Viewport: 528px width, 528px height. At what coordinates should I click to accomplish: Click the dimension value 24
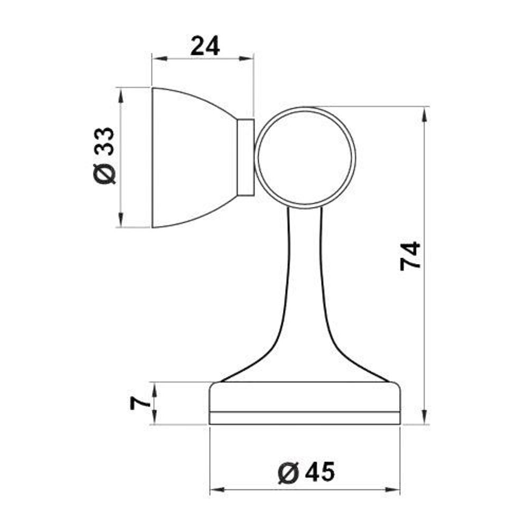coord(205,46)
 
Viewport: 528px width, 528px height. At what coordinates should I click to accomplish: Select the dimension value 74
coord(410,256)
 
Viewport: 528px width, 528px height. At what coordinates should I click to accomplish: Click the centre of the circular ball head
coord(305,157)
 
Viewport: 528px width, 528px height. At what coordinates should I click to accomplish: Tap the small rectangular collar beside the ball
coord(245,157)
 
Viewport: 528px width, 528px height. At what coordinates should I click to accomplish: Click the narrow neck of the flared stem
coord(305,248)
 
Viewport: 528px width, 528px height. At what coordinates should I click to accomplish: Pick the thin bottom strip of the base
coord(305,418)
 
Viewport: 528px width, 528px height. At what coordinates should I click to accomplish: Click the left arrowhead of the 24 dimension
coord(156,58)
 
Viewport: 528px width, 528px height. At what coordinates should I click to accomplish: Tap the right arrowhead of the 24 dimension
coord(250,58)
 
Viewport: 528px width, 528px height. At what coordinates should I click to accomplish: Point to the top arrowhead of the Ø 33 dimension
coord(121,92)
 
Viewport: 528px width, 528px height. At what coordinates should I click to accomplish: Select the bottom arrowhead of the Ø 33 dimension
coord(121,223)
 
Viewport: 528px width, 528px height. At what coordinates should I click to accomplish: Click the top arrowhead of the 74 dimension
coord(423,111)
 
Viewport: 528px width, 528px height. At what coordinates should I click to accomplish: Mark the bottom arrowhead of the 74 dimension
coord(423,420)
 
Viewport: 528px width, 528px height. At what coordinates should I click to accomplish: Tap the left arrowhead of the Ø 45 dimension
coord(214,490)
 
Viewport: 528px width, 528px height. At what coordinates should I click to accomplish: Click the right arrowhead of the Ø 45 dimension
coord(395,490)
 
